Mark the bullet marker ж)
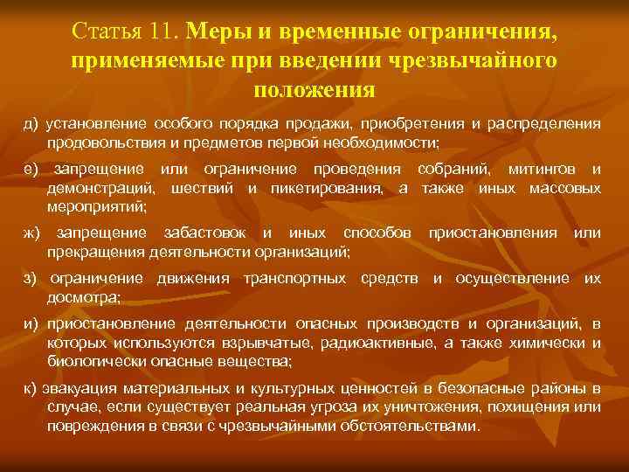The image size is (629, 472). (32, 233)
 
